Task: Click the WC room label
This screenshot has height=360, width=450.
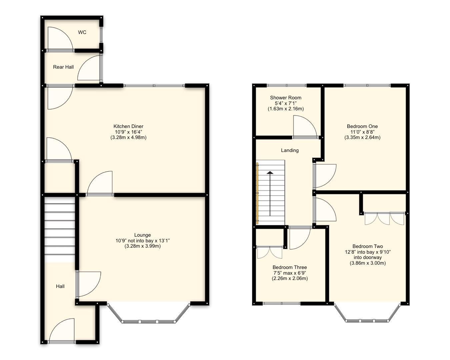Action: (x=82, y=32)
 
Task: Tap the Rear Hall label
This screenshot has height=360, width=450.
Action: (x=63, y=67)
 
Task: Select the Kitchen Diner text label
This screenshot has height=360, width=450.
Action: (x=128, y=126)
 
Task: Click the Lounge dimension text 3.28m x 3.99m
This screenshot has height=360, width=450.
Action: (x=142, y=246)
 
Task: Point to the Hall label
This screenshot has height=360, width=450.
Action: (x=60, y=286)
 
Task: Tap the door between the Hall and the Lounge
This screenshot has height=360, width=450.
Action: (x=88, y=284)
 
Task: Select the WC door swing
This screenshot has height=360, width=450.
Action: (x=59, y=39)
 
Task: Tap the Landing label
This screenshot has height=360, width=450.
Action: (x=290, y=150)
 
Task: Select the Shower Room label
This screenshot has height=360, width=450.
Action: (x=286, y=98)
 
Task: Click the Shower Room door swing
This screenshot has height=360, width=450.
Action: (x=304, y=127)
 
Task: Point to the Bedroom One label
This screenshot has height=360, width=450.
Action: (x=362, y=126)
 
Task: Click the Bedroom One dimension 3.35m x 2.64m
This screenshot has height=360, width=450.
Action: (x=362, y=137)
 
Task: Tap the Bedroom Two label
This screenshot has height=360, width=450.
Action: (x=368, y=247)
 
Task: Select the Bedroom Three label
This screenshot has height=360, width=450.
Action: (x=290, y=267)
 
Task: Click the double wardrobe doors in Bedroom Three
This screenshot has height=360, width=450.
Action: (x=270, y=252)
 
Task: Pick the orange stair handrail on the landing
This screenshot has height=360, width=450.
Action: (x=257, y=193)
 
